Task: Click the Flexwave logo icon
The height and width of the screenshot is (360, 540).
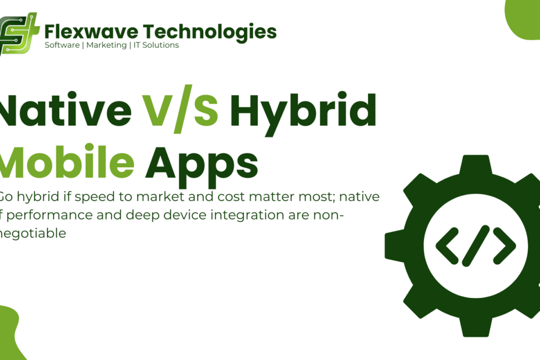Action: [19, 33]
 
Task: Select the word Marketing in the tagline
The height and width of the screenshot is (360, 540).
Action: [106, 45]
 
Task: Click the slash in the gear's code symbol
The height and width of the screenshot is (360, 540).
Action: [476, 246]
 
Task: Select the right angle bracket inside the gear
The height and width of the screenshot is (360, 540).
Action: [504, 246]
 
